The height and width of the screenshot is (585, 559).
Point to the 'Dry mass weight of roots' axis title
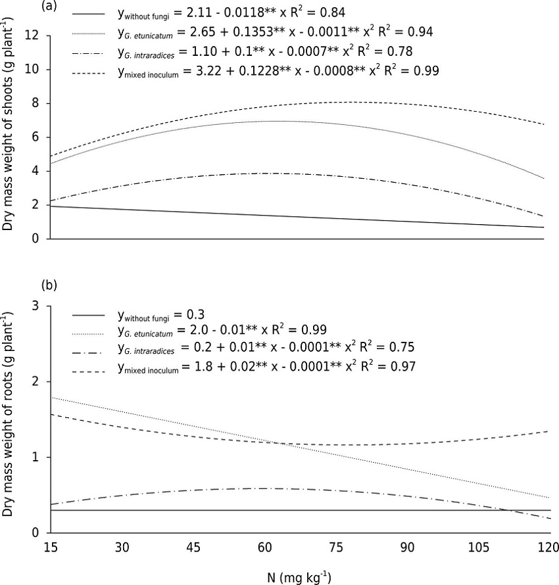click(9, 414)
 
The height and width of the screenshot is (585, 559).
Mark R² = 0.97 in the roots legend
click(387, 365)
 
